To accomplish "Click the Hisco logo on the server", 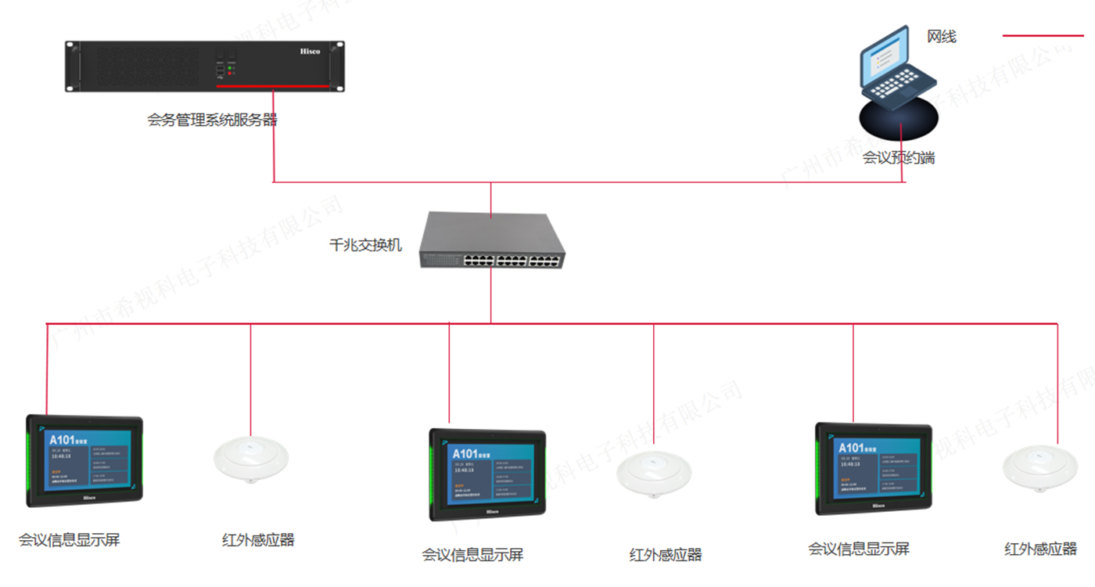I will tap(311, 51).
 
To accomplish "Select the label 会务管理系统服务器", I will tap(212, 120).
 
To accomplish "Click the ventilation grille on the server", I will tap(149, 66).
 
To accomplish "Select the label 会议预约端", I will tap(899, 158).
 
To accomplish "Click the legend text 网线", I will tap(942, 36).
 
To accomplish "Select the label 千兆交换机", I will tap(365, 245).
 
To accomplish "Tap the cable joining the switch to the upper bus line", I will tap(491, 200).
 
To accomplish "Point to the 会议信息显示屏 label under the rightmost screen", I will tap(859, 549).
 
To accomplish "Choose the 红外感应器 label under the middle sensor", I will tap(666, 556).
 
